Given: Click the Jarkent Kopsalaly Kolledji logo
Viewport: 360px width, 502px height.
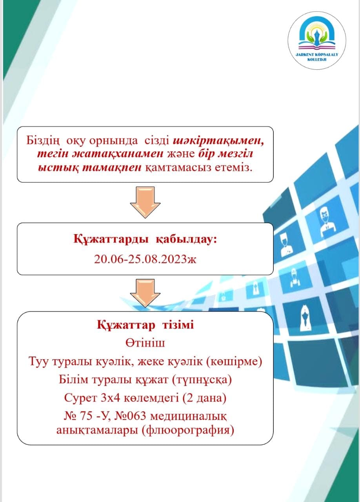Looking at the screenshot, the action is (317, 40).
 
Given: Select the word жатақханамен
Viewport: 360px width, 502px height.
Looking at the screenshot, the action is (100, 154).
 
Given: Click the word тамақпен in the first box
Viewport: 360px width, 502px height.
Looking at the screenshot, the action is (112, 167).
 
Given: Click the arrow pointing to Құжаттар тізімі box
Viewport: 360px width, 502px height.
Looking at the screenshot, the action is (145, 293).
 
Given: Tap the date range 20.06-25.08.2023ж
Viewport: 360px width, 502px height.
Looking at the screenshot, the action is (145, 260).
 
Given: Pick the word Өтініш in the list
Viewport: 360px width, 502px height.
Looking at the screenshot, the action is (145, 343).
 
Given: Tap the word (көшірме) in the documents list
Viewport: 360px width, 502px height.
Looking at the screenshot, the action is (234, 362).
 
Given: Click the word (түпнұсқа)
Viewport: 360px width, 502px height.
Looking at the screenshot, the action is (202, 380).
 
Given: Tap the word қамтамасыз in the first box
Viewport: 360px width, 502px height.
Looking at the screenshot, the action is (178, 168).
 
